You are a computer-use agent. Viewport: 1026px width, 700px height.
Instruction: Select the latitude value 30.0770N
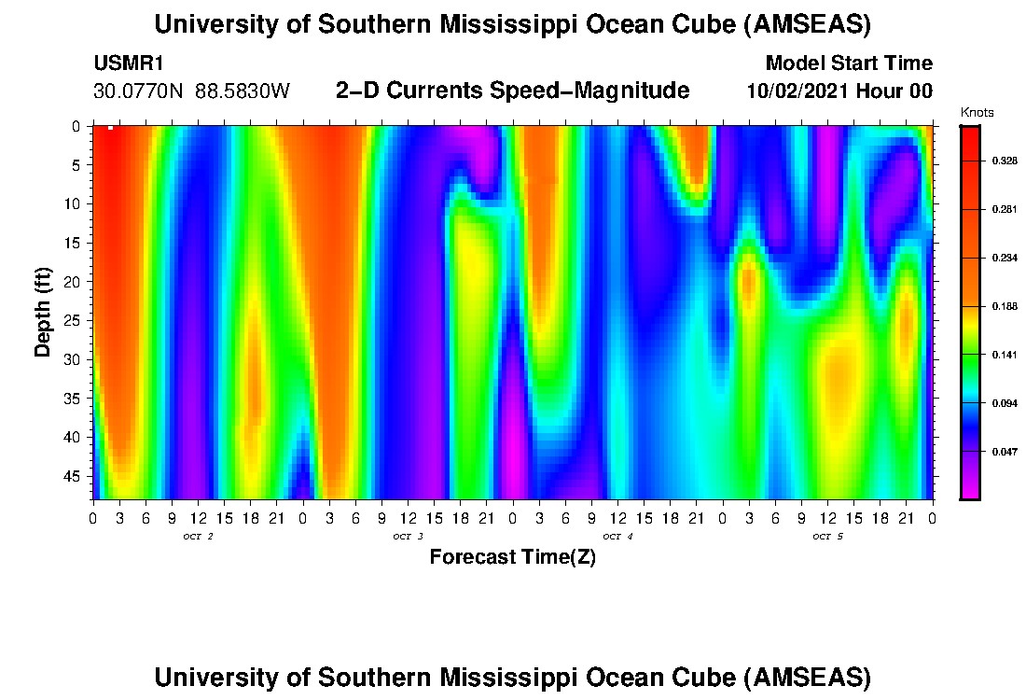pos(139,91)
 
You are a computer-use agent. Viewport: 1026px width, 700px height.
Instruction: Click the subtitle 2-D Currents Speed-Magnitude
pos(512,91)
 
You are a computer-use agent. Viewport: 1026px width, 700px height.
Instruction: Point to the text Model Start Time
pos(848,64)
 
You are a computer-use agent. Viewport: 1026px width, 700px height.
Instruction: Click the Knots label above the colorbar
pos(977,113)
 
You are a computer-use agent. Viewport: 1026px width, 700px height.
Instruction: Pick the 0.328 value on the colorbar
pos(1005,161)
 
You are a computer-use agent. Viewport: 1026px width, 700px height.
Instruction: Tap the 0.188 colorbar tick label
pos(1005,306)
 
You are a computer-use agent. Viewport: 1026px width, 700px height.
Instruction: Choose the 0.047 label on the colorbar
pos(1005,452)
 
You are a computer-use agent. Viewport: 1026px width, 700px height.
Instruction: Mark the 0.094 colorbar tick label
pos(1005,403)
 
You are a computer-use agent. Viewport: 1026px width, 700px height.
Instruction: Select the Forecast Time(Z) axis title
pos(512,558)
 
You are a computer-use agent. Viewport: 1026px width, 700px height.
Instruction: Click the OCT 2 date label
pos(198,537)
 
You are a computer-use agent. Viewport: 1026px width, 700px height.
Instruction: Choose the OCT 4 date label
pos(617,537)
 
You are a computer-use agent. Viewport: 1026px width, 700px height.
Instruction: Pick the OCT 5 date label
pos(827,537)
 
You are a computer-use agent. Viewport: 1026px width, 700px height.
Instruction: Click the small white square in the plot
pos(110,128)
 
